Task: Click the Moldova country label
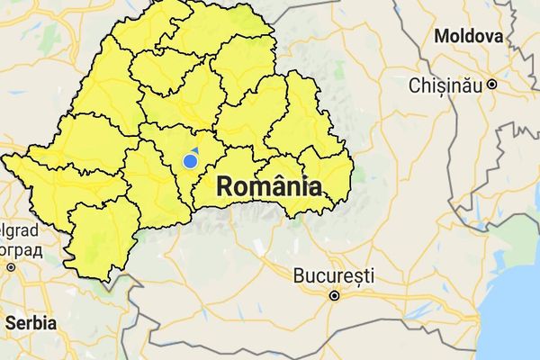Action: [x=468, y=37]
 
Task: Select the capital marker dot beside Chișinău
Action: [x=492, y=85]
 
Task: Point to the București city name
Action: [x=334, y=275]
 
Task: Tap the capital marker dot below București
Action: [x=334, y=295]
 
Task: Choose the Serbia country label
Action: [x=31, y=322]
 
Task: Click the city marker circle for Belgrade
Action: [x=11, y=267]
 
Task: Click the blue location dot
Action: [x=190, y=161]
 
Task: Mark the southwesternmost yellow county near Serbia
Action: [x=99, y=238]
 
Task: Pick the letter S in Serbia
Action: [x=10, y=322]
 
